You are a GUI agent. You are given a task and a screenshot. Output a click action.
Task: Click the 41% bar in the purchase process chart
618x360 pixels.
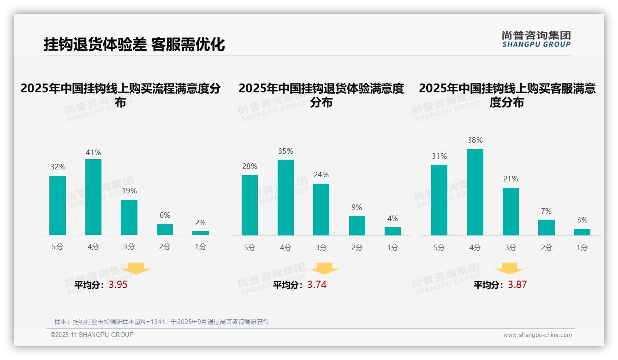click(93, 197)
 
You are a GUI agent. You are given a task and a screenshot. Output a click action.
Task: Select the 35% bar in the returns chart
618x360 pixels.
click(285, 198)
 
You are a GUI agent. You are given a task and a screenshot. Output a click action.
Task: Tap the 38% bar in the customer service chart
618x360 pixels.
click(475, 192)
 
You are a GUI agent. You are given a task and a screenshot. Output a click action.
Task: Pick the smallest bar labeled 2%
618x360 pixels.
click(201, 233)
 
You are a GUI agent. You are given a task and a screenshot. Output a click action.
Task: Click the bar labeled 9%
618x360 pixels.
click(357, 226)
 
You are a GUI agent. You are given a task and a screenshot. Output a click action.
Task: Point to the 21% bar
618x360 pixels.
click(511, 211)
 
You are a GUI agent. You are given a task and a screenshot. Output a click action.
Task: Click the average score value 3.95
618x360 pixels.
click(118, 285)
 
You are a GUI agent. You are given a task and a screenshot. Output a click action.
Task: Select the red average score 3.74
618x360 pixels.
click(317, 285)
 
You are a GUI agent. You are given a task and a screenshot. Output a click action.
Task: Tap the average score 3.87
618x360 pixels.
click(517, 285)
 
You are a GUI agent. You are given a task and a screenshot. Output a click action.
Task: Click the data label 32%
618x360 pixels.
click(58, 167)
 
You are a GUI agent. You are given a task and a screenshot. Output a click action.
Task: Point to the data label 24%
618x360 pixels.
click(321, 175)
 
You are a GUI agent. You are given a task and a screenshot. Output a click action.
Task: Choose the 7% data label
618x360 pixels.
click(546, 211)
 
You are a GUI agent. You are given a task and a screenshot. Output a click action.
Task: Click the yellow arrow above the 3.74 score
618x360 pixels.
click(324, 269)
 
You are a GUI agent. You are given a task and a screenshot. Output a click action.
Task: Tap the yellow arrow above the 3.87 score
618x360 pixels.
click(509, 269)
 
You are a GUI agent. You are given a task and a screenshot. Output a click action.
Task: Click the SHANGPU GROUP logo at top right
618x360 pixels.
click(536, 39)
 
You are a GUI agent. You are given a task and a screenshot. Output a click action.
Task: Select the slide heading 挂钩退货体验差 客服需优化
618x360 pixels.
click(134, 44)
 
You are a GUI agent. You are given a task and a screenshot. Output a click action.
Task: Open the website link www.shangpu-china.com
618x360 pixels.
click(537, 335)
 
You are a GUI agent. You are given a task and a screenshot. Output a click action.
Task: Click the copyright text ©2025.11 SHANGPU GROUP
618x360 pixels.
click(92, 335)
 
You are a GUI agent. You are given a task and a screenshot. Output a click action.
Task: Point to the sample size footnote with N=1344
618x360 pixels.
click(161, 322)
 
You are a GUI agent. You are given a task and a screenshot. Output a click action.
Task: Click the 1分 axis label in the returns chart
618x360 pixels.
click(392, 248)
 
